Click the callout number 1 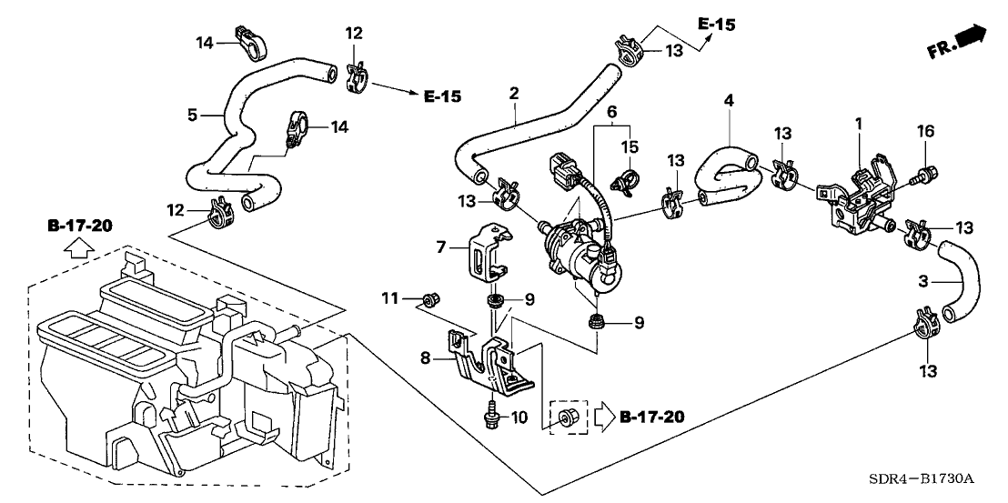tap(858, 121)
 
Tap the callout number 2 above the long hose tap(514, 93)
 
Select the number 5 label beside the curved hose tap(192, 116)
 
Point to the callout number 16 tap(924, 133)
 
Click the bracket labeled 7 tap(486, 248)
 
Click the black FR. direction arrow tap(970, 39)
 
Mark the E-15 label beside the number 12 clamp tap(443, 96)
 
